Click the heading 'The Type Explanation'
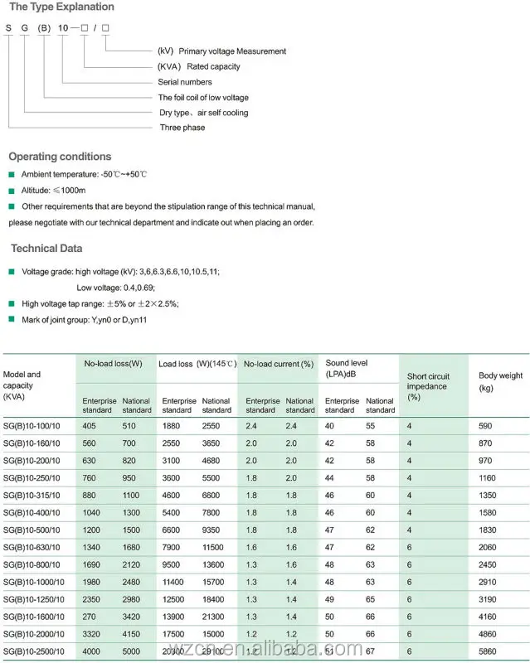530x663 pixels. pyautogui.click(x=61, y=7)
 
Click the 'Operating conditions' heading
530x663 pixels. pyautogui.click(x=60, y=157)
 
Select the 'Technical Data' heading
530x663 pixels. pyautogui.click(x=46, y=249)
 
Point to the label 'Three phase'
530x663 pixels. pyautogui.click(x=182, y=128)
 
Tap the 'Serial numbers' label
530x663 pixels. pyautogui.click(x=185, y=82)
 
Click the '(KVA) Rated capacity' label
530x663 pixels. pyautogui.click(x=199, y=66)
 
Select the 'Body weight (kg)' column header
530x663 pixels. pyautogui.click(x=500, y=381)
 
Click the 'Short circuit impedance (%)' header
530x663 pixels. pyautogui.click(x=427, y=386)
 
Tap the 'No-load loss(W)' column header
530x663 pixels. pyautogui.click(x=114, y=363)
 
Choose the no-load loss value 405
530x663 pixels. pyautogui.click(x=90, y=425)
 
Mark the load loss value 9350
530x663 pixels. pyautogui.click(x=213, y=529)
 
